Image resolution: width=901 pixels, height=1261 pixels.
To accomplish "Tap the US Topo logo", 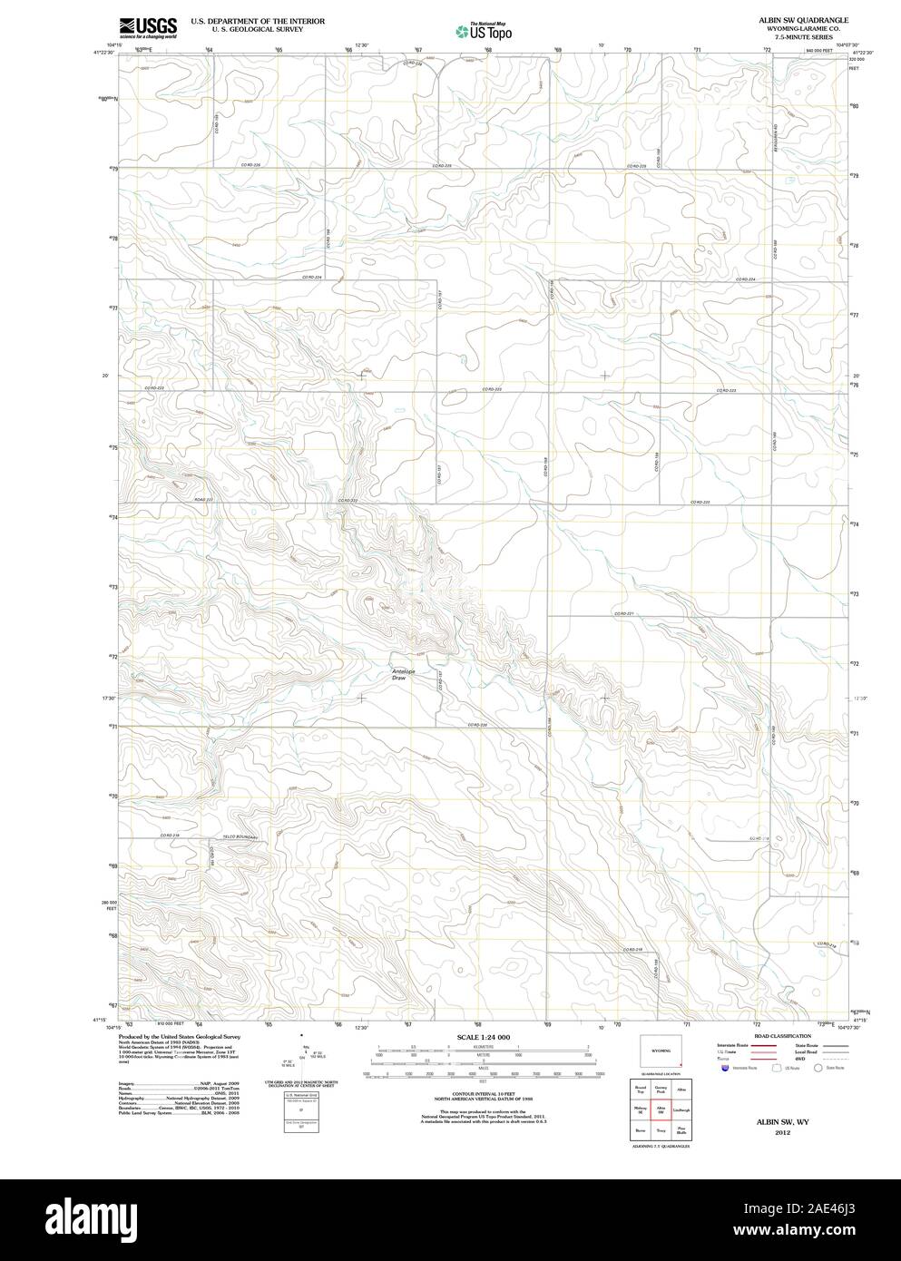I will [x=485, y=31].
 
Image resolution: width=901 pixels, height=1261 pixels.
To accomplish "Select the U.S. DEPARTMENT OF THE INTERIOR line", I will [x=258, y=19].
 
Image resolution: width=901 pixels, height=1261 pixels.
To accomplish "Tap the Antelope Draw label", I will [x=401, y=674].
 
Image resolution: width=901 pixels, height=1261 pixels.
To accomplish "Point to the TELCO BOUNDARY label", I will [x=240, y=837].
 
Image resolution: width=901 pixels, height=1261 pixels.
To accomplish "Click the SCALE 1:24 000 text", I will [x=477, y=1036].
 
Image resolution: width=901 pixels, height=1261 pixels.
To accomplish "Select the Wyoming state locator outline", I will [x=660, y=1051].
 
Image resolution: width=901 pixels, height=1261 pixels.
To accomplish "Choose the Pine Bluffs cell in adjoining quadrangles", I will [x=681, y=1130].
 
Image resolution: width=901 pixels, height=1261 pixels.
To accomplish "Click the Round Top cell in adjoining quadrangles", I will [x=640, y=1090].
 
